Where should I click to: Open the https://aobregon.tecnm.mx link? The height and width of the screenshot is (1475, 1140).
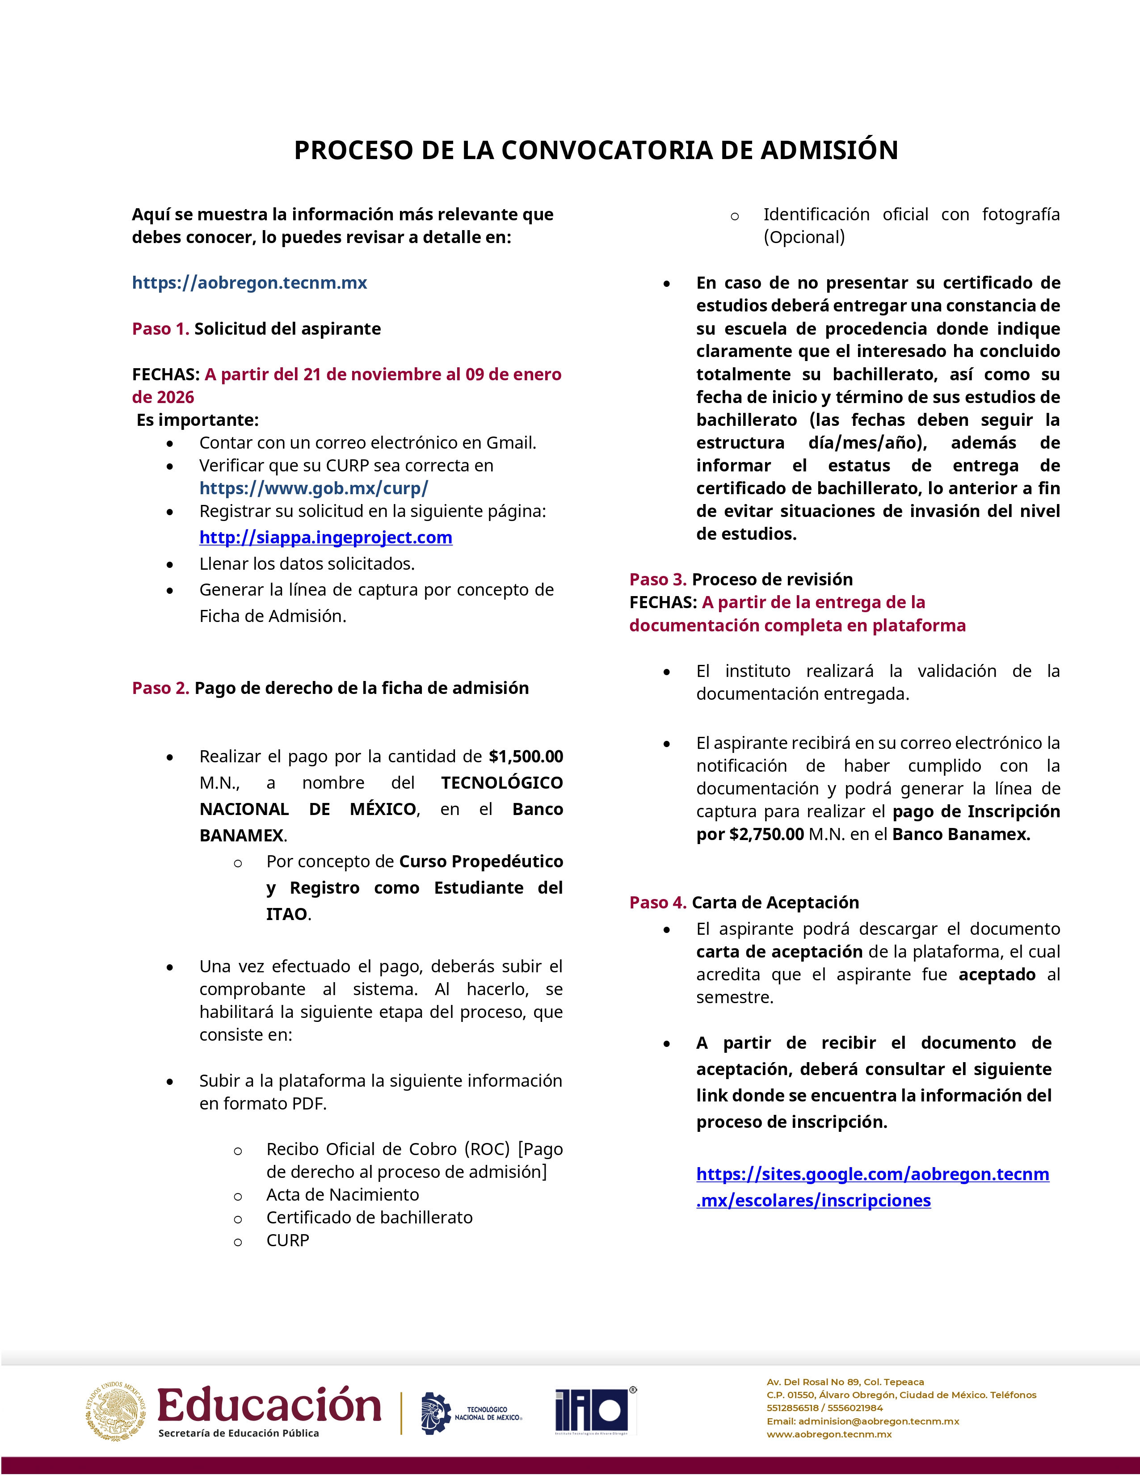(x=249, y=283)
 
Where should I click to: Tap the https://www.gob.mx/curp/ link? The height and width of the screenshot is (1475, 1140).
(x=313, y=488)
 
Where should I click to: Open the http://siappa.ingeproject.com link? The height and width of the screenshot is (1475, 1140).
(x=325, y=538)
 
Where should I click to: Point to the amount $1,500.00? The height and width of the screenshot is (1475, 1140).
(x=526, y=756)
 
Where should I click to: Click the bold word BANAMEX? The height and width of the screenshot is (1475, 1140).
(x=242, y=836)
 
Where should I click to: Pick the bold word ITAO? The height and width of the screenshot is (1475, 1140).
(x=286, y=914)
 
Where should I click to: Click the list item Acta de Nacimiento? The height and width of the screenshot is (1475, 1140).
(x=342, y=1195)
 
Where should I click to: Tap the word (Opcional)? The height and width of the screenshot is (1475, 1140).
(x=803, y=237)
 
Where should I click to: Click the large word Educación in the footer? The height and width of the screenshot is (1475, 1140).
(x=269, y=1406)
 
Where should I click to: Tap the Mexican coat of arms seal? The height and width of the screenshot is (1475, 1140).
(x=115, y=1412)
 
